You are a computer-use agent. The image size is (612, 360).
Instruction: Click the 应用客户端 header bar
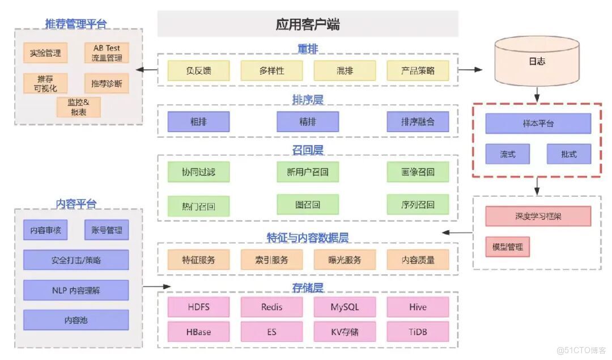[308, 24]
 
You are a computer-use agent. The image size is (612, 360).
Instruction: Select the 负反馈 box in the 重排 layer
[198, 70]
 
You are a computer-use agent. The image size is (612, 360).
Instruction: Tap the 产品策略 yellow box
[418, 70]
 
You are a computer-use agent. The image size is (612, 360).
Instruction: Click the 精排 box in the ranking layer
[308, 121]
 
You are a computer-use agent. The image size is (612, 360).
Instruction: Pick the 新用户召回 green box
[308, 172]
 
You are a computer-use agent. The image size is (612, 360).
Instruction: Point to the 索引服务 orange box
[271, 260]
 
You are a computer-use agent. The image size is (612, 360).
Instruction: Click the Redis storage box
[271, 307]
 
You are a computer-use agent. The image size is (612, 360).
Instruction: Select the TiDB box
[418, 332]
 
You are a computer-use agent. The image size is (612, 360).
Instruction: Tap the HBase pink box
[198, 332]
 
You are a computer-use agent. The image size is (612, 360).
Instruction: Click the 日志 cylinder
[536, 61]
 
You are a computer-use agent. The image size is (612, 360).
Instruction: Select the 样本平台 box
[538, 123]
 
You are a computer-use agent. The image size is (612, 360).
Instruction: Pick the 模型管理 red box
[507, 247]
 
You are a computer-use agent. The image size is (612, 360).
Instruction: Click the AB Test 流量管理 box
[107, 53]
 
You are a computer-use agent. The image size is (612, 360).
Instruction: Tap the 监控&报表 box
[79, 107]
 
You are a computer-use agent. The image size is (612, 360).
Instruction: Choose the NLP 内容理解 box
[76, 290]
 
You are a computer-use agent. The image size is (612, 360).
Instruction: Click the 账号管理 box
[107, 230]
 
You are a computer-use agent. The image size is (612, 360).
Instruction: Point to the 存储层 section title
[308, 287]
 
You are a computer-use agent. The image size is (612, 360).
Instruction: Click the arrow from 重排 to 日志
[470, 70]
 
